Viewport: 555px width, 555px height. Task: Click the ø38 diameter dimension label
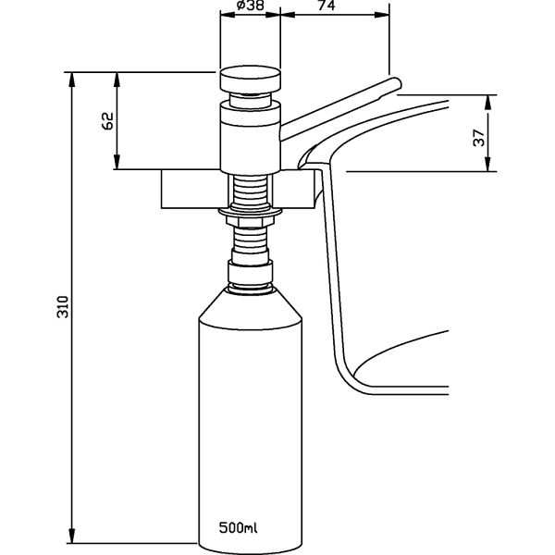[251, 6]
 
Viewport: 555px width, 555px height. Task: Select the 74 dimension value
[327, 6]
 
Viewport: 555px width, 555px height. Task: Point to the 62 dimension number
[107, 120]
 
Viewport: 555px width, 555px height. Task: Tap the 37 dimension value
[478, 138]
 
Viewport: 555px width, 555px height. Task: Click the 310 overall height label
[63, 306]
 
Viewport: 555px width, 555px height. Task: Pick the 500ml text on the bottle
[239, 527]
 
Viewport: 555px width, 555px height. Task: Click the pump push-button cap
[251, 80]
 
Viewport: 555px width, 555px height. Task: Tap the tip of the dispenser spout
[398, 83]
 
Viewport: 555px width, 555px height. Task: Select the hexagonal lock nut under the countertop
[251, 222]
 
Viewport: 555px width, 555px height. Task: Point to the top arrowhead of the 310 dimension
[72, 79]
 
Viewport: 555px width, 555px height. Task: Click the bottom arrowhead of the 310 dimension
[72, 536]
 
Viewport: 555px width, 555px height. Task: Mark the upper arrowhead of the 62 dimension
[117, 79]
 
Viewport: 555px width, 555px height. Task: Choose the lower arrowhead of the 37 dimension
[488, 165]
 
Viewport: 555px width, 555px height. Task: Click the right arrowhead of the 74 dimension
[382, 15]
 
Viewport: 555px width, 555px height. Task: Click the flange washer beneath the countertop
[251, 212]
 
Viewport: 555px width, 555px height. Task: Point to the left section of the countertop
[191, 189]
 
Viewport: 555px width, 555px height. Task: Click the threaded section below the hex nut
[251, 238]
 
